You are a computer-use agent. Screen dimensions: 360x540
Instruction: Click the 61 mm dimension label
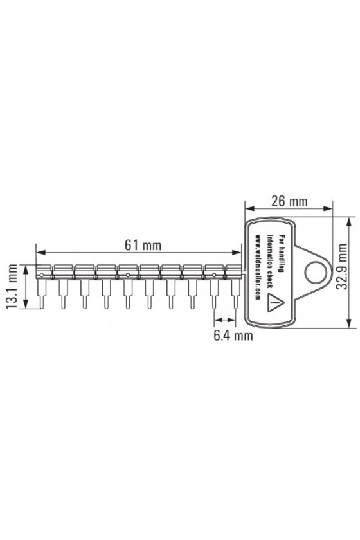143,245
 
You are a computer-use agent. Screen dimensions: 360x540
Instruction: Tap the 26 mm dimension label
289,201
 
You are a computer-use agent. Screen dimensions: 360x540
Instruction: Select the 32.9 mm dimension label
342,267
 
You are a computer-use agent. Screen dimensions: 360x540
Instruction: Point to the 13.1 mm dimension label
12,286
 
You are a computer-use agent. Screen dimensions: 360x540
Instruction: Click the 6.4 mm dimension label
233,335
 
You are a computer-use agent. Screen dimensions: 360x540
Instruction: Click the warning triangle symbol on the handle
276,303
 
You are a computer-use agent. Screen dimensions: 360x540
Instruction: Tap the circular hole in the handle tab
315,272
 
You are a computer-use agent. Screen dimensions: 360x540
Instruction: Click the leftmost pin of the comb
41,294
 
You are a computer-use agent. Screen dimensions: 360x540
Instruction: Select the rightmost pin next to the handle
236,294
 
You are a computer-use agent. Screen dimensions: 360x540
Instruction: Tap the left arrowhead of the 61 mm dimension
40,253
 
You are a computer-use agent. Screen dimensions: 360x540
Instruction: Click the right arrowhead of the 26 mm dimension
328,208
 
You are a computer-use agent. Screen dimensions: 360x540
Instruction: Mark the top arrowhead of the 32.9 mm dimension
349,221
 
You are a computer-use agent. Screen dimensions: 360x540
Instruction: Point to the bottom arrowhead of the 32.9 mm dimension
349,323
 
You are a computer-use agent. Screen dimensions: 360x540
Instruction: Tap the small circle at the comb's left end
41,275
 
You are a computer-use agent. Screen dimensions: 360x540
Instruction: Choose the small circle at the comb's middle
127,275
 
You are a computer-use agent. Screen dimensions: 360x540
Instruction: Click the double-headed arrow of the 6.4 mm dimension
225,320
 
